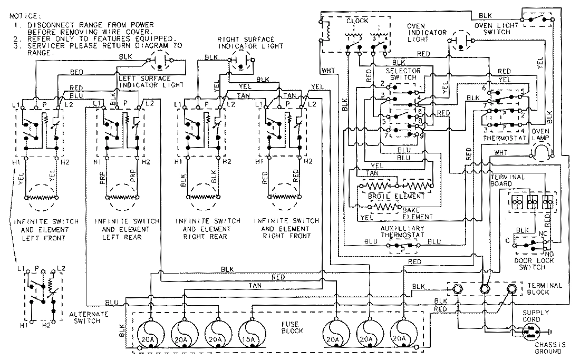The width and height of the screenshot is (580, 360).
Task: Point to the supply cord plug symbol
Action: point(533,332)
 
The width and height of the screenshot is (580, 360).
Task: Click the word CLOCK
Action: point(357,21)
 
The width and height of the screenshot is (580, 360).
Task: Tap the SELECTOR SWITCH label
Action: point(403,74)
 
